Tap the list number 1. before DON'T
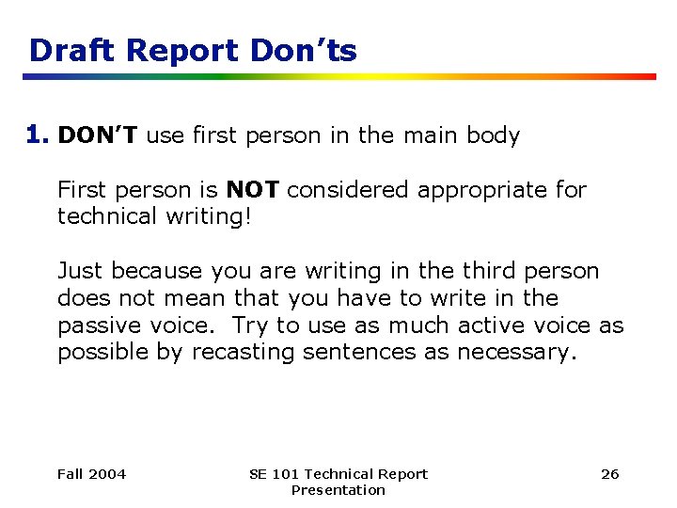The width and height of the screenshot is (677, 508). (39, 135)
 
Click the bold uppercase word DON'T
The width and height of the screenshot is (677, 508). (99, 135)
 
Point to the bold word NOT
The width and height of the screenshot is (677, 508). (252, 190)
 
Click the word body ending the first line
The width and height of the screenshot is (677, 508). (490, 135)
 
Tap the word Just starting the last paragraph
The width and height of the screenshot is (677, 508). (81, 271)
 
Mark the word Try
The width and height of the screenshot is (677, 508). (249, 325)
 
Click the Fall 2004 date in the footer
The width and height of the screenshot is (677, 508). (91, 474)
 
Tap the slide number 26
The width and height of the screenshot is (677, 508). (609, 474)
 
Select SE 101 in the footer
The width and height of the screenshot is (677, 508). (270, 474)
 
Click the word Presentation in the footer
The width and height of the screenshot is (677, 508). (338, 490)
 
